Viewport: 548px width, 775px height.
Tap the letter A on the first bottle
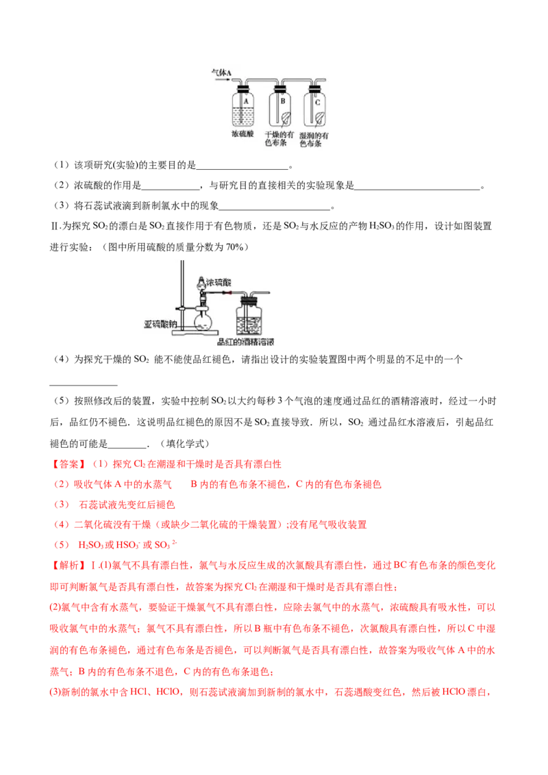click(245, 98)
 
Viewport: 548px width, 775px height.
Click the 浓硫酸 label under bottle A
click(242, 135)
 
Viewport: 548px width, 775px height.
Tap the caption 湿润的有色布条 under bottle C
click(316, 140)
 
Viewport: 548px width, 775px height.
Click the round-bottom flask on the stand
click(203, 320)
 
